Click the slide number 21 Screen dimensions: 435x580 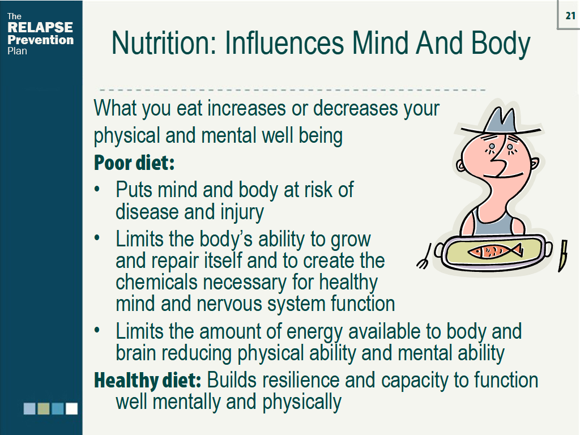(570, 16)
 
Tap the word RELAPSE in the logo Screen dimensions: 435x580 (40, 28)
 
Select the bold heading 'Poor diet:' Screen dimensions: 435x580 (134, 163)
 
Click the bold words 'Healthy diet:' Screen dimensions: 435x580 (148, 380)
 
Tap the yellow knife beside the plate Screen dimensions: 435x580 (563, 255)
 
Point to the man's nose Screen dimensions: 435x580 (498, 164)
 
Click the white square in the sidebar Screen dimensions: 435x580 (71, 408)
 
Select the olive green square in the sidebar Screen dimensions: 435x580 (44, 408)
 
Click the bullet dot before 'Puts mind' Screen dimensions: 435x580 (99, 190)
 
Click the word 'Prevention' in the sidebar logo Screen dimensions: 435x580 (40, 40)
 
